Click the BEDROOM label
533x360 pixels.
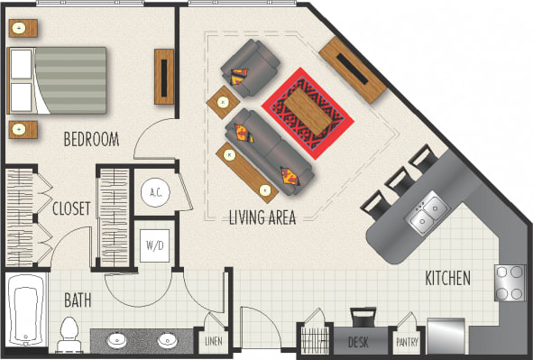(x=91, y=140)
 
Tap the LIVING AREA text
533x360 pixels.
(x=262, y=217)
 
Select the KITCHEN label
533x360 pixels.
(x=447, y=279)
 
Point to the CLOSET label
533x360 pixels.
(x=71, y=209)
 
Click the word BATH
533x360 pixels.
(x=78, y=299)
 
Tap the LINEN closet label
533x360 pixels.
(x=213, y=342)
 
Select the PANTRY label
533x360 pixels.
(x=405, y=343)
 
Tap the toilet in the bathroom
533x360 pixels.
(x=69, y=334)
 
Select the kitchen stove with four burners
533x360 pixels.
(x=510, y=282)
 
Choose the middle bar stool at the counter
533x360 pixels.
(x=397, y=183)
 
